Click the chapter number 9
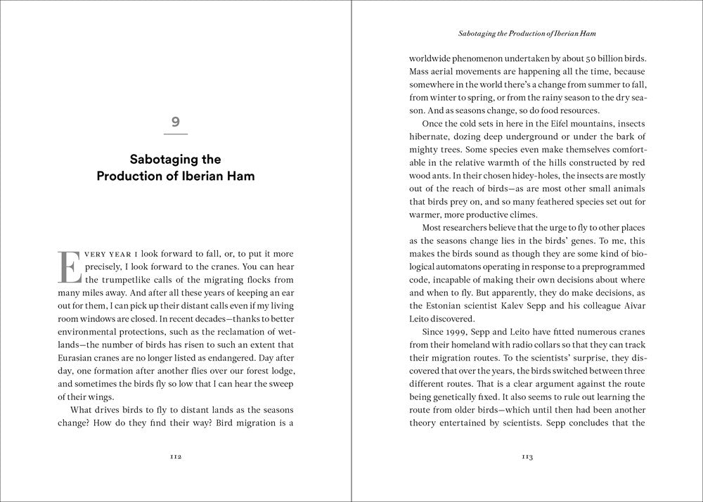175,122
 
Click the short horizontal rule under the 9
175,134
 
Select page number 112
176,457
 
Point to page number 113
527,457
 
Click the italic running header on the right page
527,33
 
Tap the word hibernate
434,137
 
